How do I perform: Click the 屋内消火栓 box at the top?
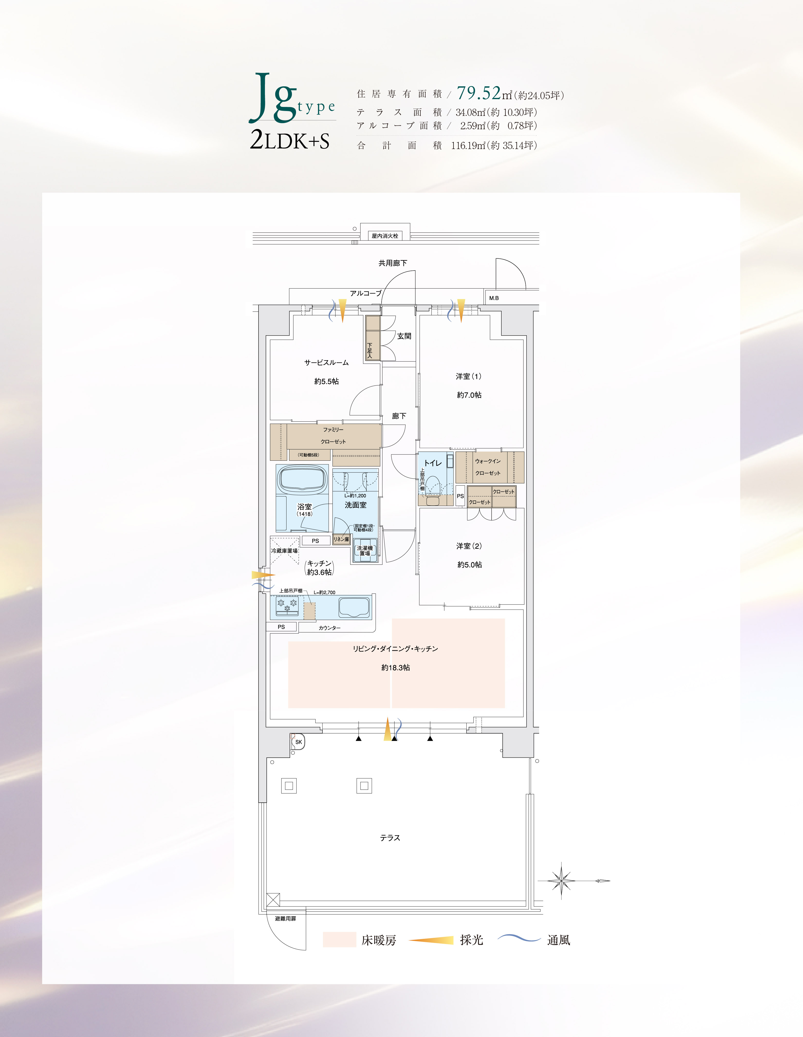(385, 236)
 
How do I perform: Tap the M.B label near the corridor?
(494, 298)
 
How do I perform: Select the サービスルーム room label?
(326, 363)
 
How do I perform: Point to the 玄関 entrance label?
(404, 336)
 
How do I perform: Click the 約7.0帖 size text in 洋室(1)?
(469, 395)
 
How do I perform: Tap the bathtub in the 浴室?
(302, 479)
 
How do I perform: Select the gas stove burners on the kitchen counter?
(287, 604)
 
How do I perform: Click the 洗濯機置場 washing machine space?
(365, 551)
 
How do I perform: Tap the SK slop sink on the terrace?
(298, 742)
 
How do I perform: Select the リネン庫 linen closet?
(341, 539)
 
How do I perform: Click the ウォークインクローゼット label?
(488, 467)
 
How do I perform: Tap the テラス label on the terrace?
(390, 838)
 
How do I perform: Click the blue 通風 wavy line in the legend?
(519, 938)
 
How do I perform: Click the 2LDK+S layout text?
(290, 141)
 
